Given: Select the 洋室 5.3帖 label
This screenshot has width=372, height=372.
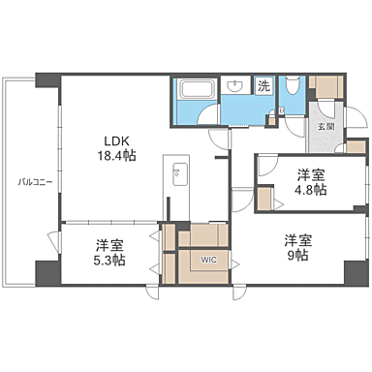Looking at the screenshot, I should (109, 252).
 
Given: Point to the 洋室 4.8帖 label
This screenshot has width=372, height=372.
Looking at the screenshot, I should (310, 182).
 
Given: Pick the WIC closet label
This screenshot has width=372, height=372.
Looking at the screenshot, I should (209, 260).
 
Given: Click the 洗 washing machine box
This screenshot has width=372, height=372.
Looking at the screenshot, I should (263, 86).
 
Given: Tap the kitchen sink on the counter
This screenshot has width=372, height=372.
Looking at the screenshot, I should (178, 175).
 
